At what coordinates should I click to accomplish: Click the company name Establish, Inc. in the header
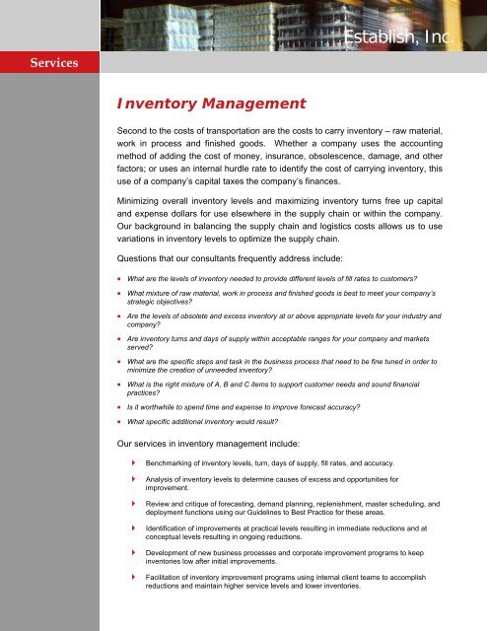click(x=399, y=38)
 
